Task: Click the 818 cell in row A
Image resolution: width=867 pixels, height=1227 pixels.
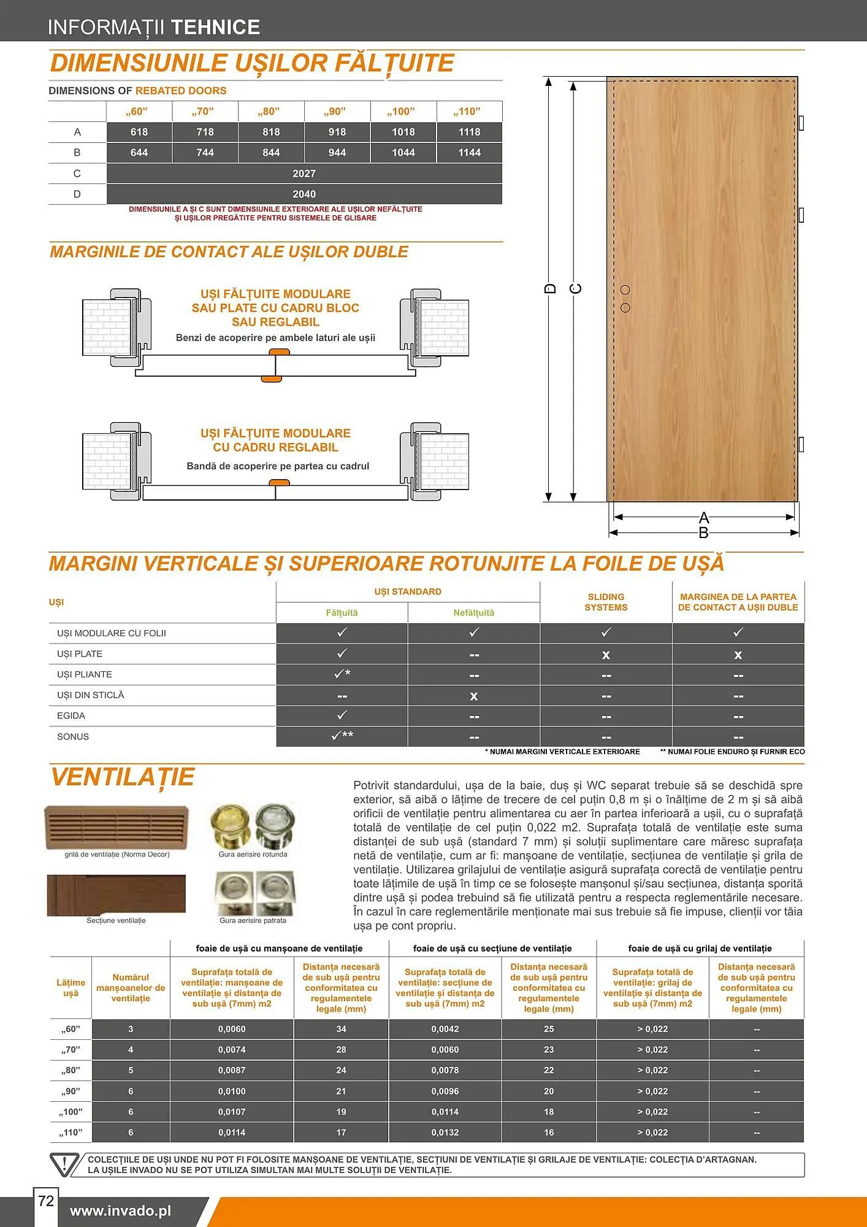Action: point(271,132)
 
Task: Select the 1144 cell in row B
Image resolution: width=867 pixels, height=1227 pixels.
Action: point(469,153)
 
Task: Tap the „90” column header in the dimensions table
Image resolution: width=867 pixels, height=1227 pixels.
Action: point(337,112)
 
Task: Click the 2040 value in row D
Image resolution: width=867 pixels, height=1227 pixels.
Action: point(304,194)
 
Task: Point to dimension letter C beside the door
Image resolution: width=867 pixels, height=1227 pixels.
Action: point(576,288)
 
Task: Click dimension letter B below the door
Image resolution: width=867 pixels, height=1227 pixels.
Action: point(704,533)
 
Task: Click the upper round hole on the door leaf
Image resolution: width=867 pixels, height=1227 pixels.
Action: point(625,290)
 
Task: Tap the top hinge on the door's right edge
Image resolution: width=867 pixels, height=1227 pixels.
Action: point(801,123)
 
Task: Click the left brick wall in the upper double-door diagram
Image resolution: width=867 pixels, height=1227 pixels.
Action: point(107,327)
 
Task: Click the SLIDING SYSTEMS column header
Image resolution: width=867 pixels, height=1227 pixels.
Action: point(606,602)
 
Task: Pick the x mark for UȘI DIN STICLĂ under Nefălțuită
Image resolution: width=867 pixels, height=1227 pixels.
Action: point(473,696)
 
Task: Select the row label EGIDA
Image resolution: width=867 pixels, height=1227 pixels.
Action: point(71,715)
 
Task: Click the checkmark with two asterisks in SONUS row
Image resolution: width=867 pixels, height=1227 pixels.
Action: point(342,736)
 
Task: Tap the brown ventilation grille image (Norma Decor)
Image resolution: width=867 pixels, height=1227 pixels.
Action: point(116,827)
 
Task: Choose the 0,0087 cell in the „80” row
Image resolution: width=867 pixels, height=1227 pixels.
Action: point(232,1070)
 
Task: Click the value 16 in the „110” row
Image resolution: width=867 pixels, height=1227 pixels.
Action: point(549,1132)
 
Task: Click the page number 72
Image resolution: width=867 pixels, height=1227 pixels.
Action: point(46,1201)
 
